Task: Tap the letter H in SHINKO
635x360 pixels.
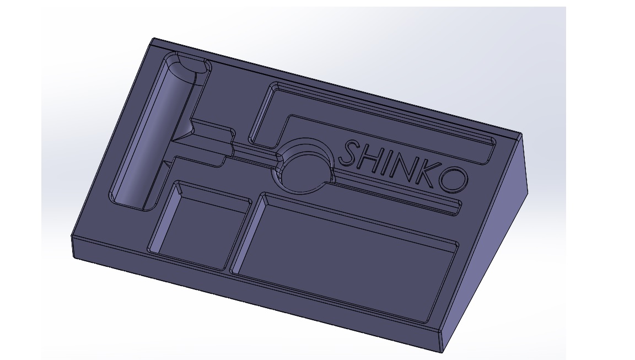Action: click(370, 158)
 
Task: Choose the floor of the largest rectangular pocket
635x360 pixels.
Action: click(344, 259)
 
